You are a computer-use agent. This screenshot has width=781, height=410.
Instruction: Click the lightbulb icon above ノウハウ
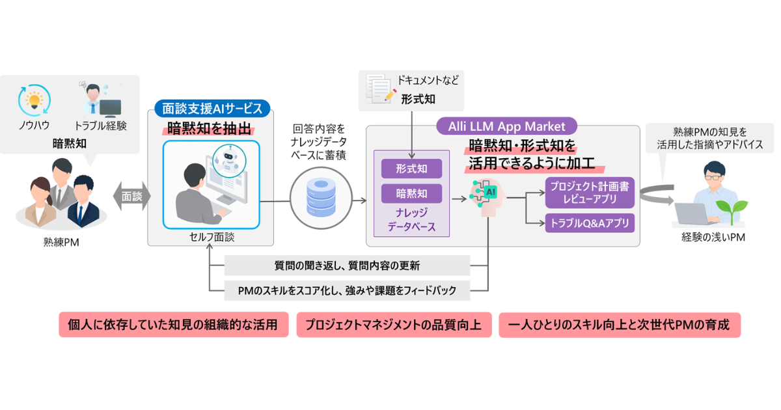(34, 100)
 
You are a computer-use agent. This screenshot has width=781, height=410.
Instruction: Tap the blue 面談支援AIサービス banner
(212, 109)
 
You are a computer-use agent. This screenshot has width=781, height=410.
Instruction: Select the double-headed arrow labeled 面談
(131, 197)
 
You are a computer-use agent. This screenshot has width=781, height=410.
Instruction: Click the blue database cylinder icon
(321, 197)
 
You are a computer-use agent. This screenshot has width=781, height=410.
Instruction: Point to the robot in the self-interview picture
(229, 159)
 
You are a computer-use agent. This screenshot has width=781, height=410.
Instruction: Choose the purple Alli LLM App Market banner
(506, 126)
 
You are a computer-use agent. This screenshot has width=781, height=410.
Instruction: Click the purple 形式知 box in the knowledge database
(411, 169)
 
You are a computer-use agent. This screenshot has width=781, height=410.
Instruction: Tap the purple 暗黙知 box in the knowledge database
(411, 193)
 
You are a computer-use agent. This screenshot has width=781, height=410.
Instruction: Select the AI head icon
(486, 197)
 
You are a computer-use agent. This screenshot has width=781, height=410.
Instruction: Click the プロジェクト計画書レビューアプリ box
(590, 193)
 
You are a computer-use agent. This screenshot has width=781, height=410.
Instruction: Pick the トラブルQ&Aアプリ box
(590, 223)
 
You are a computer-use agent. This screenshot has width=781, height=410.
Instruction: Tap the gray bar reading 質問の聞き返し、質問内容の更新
(347, 266)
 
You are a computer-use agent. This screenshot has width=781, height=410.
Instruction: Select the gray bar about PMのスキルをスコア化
(347, 290)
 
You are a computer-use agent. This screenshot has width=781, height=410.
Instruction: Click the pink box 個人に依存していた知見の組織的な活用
(174, 325)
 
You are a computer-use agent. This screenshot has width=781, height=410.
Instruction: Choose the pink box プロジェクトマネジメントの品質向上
(394, 325)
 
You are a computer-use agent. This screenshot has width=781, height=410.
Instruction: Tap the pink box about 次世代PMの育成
(620, 325)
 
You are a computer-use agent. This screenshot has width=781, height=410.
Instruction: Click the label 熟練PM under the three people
(61, 242)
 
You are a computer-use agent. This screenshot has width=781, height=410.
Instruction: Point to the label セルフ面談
(212, 237)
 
